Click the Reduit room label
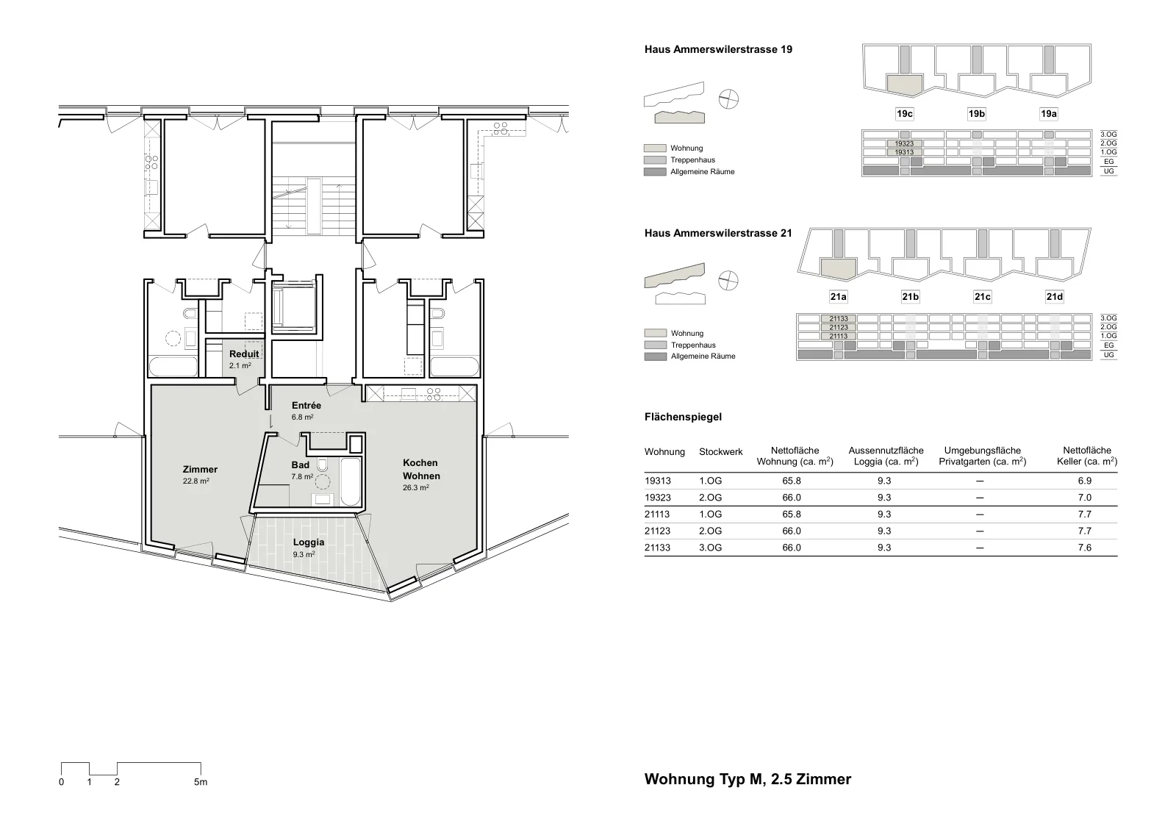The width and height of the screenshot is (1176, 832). pyautogui.click(x=243, y=354)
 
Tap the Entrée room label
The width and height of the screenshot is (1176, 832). pyautogui.click(x=306, y=406)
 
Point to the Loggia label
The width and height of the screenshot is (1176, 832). pyautogui.click(x=308, y=542)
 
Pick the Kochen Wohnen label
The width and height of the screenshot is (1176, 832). pyautogui.click(x=421, y=469)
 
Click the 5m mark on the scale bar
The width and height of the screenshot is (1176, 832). pyautogui.click(x=201, y=782)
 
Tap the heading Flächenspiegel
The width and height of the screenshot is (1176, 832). pyautogui.click(x=683, y=417)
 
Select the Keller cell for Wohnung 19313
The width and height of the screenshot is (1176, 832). pyautogui.click(x=1084, y=481)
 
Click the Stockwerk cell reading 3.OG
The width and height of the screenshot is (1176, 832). pyautogui.click(x=710, y=548)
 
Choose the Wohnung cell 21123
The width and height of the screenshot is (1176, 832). pyautogui.click(x=657, y=531)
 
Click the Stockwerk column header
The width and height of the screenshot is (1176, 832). pyautogui.click(x=721, y=452)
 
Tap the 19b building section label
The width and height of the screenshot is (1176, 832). pyautogui.click(x=977, y=114)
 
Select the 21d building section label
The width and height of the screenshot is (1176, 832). pyautogui.click(x=1054, y=297)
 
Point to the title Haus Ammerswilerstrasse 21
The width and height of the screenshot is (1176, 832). pyautogui.click(x=718, y=233)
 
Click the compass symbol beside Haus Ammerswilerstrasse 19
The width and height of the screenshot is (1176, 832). pyautogui.click(x=728, y=99)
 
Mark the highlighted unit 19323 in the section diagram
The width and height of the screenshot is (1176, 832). pyautogui.click(x=904, y=143)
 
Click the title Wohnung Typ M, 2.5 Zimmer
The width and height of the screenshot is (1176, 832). pyautogui.click(x=747, y=779)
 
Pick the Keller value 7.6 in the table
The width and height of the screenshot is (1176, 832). pyautogui.click(x=1084, y=548)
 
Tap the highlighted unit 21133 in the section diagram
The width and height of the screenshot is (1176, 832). pyautogui.click(x=839, y=319)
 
